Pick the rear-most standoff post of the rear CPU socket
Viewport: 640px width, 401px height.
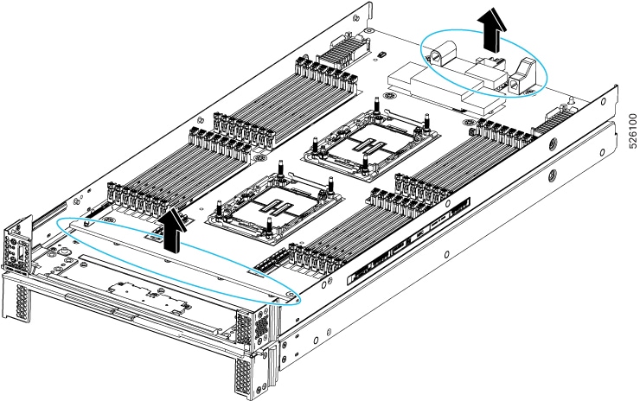click(378, 108)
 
